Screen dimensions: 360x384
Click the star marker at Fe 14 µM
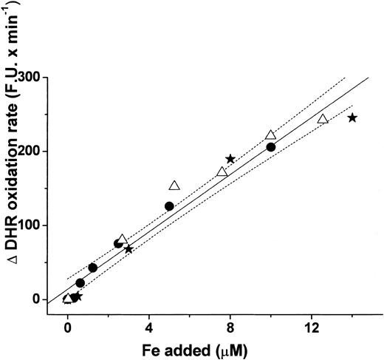pos(352,118)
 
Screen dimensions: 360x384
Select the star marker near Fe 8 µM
pos(230,159)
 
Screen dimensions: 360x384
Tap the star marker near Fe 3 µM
pos(128,249)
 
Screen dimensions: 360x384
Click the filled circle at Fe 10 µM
pos(271,147)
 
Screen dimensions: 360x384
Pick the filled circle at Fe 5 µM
pos(169,206)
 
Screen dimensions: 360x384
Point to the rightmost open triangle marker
pos(323,119)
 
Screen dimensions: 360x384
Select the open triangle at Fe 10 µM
pos(271,135)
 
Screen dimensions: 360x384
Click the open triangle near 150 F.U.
pos(174,186)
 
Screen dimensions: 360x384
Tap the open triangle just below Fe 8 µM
pos(222,172)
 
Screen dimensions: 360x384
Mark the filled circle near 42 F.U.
pos(92,268)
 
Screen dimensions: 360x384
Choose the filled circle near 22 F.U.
pos(80,282)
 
